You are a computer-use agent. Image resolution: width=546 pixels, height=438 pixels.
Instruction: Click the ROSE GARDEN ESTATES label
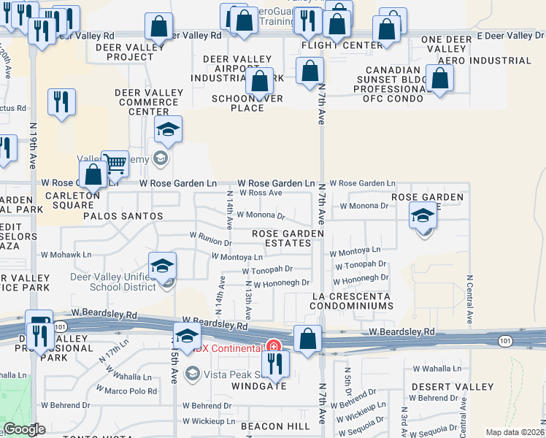coord(287,238)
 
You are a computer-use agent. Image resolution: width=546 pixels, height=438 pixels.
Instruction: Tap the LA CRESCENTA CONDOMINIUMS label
coord(350,301)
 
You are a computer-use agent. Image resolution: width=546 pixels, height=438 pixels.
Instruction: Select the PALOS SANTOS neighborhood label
coord(123,217)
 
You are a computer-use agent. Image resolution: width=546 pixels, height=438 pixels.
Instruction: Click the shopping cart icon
coord(114,164)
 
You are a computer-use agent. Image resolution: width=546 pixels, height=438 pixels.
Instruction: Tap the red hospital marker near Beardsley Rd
coord(274,346)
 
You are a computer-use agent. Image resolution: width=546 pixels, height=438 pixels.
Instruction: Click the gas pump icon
coord(39,323)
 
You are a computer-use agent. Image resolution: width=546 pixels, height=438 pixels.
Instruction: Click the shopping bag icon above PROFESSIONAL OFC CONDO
coord(439,78)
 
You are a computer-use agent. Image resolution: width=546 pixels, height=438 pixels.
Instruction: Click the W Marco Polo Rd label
coord(131,391)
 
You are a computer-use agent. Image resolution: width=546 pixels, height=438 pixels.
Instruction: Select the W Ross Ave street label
coord(261,193)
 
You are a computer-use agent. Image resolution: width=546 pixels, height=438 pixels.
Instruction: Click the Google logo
coord(24,430)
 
